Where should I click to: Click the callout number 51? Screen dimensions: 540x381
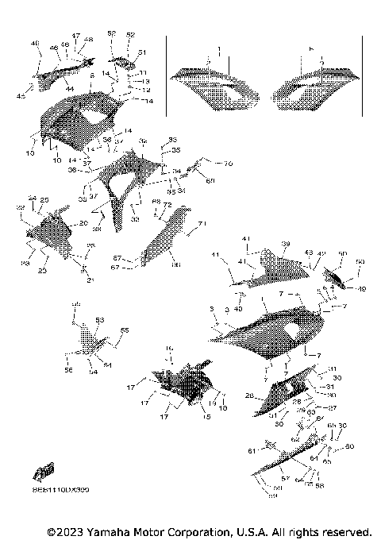pyautogui.click(x=143, y=52)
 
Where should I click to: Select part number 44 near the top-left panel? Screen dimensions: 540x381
pyautogui.click(x=70, y=87)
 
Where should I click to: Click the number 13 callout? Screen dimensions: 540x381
pyautogui.click(x=146, y=81)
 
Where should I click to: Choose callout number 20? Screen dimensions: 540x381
pyautogui.click(x=83, y=224)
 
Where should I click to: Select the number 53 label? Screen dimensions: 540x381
pyautogui.click(x=100, y=319)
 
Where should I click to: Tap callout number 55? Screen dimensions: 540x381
pyautogui.click(x=124, y=330)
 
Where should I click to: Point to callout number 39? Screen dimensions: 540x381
pyautogui.click(x=286, y=244)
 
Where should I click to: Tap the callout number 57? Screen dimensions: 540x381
pyautogui.click(x=286, y=480)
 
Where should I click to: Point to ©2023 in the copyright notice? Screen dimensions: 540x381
pyautogui.click(x=65, y=530)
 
